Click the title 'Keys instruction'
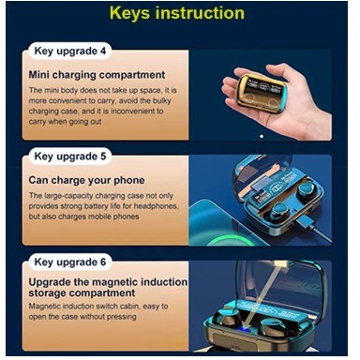(177, 13)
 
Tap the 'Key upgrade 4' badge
(70, 51)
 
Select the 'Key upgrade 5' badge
(70, 157)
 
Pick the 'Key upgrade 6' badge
(70, 262)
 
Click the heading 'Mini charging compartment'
(97, 75)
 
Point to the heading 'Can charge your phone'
(86, 180)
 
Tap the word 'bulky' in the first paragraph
(162, 101)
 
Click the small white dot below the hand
(262, 136)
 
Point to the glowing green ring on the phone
(232, 241)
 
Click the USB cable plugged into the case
(313, 229)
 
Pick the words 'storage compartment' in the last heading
(82, 293)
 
